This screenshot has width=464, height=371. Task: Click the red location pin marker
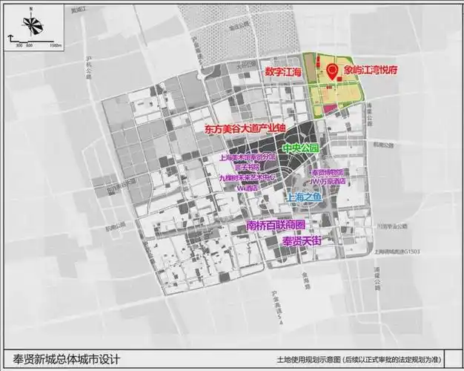pos(331,70)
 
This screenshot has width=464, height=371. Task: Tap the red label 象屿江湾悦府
pos(370,71)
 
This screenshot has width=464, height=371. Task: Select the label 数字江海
pos(284,72)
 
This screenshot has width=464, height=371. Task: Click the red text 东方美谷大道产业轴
pos(245,129)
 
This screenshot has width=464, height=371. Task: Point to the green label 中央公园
pos(303,148)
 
